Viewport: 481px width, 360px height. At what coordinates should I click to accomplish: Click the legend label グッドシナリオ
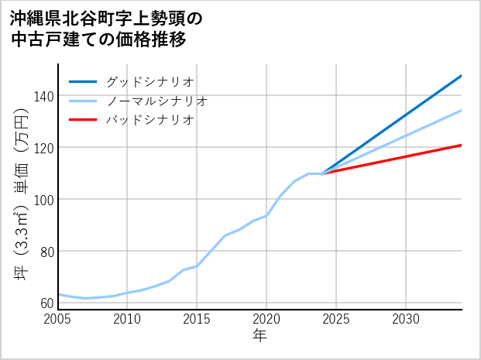(x=149, y=81)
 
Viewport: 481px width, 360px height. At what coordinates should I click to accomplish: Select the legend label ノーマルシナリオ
(x=156, y=101)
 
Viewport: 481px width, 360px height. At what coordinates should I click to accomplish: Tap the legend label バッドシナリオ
(x=149, y=120)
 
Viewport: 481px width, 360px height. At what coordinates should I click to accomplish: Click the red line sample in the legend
(x=83, y=120)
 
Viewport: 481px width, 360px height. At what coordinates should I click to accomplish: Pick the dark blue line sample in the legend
(x=83, y=81)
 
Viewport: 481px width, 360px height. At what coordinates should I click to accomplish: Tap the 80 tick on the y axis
(x=46, y=251)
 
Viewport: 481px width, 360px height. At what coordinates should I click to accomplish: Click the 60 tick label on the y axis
(x=46, y=303)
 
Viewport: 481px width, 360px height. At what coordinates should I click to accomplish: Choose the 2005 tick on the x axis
(x=58, y=319)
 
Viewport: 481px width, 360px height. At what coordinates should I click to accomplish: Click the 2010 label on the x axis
(x=127, y=319)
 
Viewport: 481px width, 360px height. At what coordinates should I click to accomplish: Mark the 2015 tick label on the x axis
(x=197, y=319)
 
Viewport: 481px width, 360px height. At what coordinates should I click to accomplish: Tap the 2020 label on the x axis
(x=266, y=319)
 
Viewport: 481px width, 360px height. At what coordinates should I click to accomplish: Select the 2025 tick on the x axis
(x=336, y=319)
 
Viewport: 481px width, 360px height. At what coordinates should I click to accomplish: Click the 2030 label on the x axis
(x=406, y=319)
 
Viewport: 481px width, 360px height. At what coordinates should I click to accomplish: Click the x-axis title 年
(x=259, y=336)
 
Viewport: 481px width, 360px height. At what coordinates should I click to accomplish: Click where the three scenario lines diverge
(x=322, y=173)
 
